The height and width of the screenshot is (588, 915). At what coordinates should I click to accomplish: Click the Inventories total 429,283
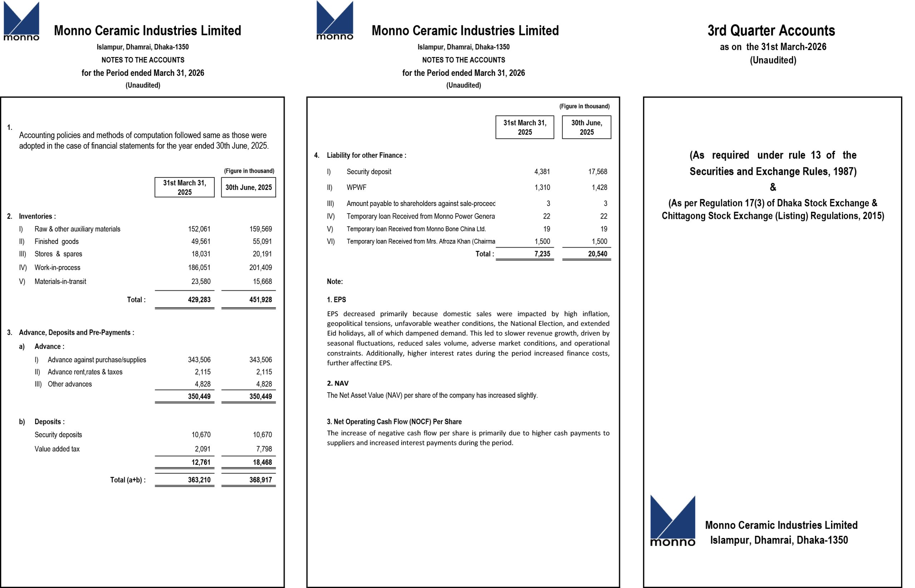[x=199, y=300]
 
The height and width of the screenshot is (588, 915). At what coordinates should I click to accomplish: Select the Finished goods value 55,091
[x=261, y=241]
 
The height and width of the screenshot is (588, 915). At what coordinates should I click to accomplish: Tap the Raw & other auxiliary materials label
[x=77, y=229]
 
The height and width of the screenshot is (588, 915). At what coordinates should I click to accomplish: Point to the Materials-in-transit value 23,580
[x=201, y=281]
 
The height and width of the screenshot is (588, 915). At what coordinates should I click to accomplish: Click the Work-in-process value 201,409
[x=261, y=268]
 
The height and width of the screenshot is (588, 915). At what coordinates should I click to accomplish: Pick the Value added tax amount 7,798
[x=264, y=449]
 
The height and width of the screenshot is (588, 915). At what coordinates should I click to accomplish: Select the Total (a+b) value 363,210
[x=199, y=480]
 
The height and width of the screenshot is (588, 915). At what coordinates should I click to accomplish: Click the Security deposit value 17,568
[x=598, y=172]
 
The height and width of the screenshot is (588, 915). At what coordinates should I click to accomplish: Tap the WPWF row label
[x=356, y=187]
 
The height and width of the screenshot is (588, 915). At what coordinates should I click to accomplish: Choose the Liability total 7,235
[x=542, y=254]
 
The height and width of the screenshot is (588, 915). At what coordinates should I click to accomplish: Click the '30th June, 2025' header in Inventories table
[x=248, y=187]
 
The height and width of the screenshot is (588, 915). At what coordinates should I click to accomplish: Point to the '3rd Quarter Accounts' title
[x=771, y=30]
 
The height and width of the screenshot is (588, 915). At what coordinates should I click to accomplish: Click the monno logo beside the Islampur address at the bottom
[x=672, y=521]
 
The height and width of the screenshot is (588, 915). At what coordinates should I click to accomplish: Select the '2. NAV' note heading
[x=338, y=383]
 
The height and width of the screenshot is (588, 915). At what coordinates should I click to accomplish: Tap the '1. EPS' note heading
[x=336, y=300]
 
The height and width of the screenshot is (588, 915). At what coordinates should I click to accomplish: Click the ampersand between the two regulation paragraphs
[x=773, y=187]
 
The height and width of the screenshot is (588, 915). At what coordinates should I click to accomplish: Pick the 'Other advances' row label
[x=70, y=384]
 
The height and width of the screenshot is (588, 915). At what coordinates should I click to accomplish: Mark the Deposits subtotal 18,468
[x=262, y=462]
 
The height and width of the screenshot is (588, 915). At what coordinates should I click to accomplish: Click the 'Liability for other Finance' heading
[x=366, y=155]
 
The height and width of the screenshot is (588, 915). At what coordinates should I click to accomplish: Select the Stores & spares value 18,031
[x=201, y=254]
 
